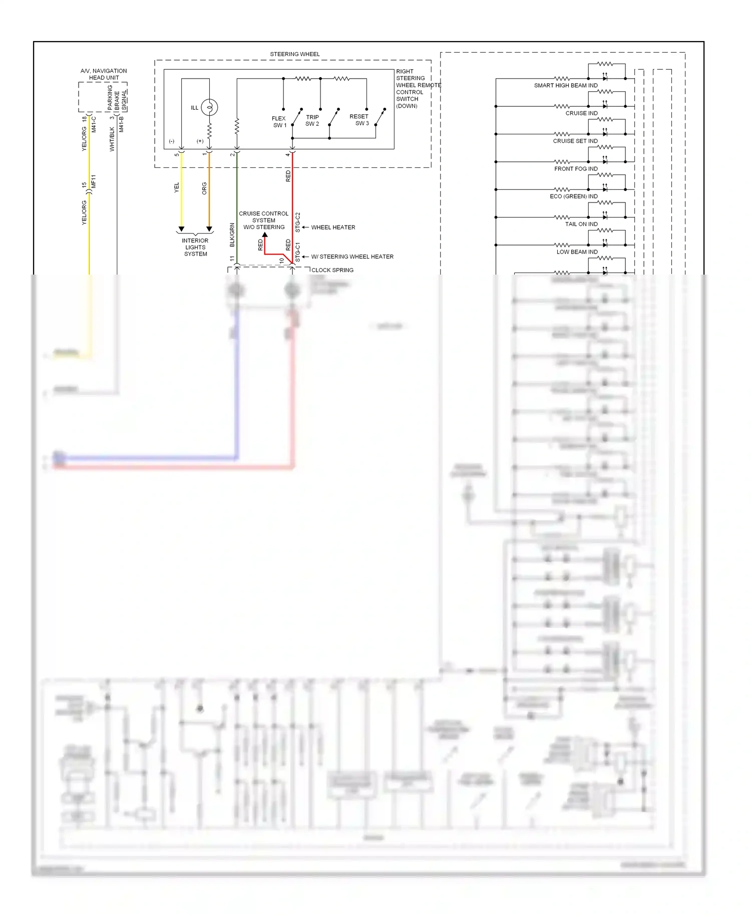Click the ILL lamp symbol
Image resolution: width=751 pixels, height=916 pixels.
(209, 107)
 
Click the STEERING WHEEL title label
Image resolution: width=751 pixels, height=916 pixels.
(294, 54)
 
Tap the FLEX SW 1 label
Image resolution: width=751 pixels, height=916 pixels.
(279, 122)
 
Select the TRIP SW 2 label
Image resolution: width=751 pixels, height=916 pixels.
(312, 120)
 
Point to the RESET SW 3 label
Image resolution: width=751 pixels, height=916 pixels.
(359, 120)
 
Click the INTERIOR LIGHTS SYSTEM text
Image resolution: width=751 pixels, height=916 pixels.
(195, 247)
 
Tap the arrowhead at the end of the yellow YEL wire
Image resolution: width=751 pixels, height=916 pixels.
(181, 229)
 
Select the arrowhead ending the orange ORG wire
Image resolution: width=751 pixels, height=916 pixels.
(209, 229)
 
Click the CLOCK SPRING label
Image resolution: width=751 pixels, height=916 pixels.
(332, 270)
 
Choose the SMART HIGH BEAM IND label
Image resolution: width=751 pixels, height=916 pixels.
(566, 86)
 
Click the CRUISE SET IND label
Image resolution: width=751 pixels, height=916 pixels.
(575, 141)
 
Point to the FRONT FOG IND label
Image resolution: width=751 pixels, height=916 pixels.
(576, 169)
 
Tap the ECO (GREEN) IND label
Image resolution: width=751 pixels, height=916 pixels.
(574, 196)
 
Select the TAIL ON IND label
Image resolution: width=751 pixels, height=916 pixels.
(581, 224)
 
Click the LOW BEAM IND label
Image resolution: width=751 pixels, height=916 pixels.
(577, 252)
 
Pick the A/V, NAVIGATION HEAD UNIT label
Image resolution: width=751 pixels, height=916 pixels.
(104, 74)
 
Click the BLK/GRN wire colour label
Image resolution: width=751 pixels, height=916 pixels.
(232, 235)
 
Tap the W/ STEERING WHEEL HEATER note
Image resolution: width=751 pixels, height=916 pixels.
(352, 257)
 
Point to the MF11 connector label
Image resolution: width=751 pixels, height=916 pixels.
(94, 181)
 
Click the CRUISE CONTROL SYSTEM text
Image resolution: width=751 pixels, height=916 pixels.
(263, 217)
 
